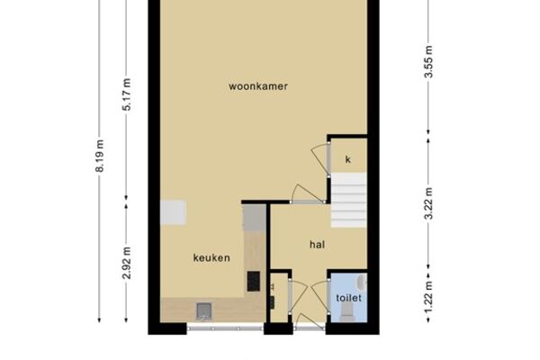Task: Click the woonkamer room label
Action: point(258,86)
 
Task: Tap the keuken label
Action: point(211,257)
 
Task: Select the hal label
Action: point(317,245)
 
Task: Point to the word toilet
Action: point(348,298)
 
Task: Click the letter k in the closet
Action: point(347,159)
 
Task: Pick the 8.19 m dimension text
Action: point(99,156)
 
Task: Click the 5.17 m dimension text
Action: point(126,94)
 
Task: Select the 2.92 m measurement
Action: point(126,263)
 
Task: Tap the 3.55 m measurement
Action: point(428,62)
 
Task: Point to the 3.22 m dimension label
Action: point(428,203)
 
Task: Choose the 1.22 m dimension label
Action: point(428,298)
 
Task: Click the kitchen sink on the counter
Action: point(204,310)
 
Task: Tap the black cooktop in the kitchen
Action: point(254,281)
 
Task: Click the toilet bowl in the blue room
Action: point(346,313)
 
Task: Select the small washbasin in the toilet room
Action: point(363,282)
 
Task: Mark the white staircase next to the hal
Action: point(348,200)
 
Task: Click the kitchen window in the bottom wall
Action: point(225,328)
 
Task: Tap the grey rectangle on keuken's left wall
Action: point(173,212)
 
